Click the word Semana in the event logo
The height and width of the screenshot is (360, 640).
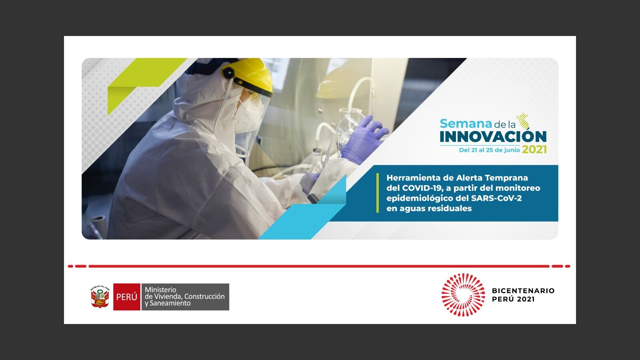pyautogui.click(x=466, y=124)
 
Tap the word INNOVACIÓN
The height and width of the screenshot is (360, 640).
pyautogui.click(x=493, y=136)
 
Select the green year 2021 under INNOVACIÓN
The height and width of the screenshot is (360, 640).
pyautogui.click(x=534, y=150)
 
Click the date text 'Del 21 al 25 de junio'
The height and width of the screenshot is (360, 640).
pyautogui.click(x=490, y=150)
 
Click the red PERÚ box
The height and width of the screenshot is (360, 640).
pyautogui.click(x=126, y=297)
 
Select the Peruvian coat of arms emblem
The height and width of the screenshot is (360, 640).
pyautogui.click(x=100, y=296)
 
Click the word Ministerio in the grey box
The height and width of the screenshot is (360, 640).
pyautogui.click(x=160, y=290)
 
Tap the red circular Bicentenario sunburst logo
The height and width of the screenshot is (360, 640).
pyautogui.click(x=463, y=295)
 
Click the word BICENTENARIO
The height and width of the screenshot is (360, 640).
pyautogui.click(x=523, y=291)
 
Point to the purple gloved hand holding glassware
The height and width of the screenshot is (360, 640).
pyautogui.click(x=364, y=140)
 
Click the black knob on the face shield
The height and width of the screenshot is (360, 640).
pyautogui.click(x=228, y=73)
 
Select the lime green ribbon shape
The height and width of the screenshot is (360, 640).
pyautogui.click(x=143, y=83)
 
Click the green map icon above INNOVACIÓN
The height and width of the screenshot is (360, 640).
pyautogui.click(x=523, y=120)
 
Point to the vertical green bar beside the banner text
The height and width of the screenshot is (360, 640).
pyautogui.click(x=378, y=193)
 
